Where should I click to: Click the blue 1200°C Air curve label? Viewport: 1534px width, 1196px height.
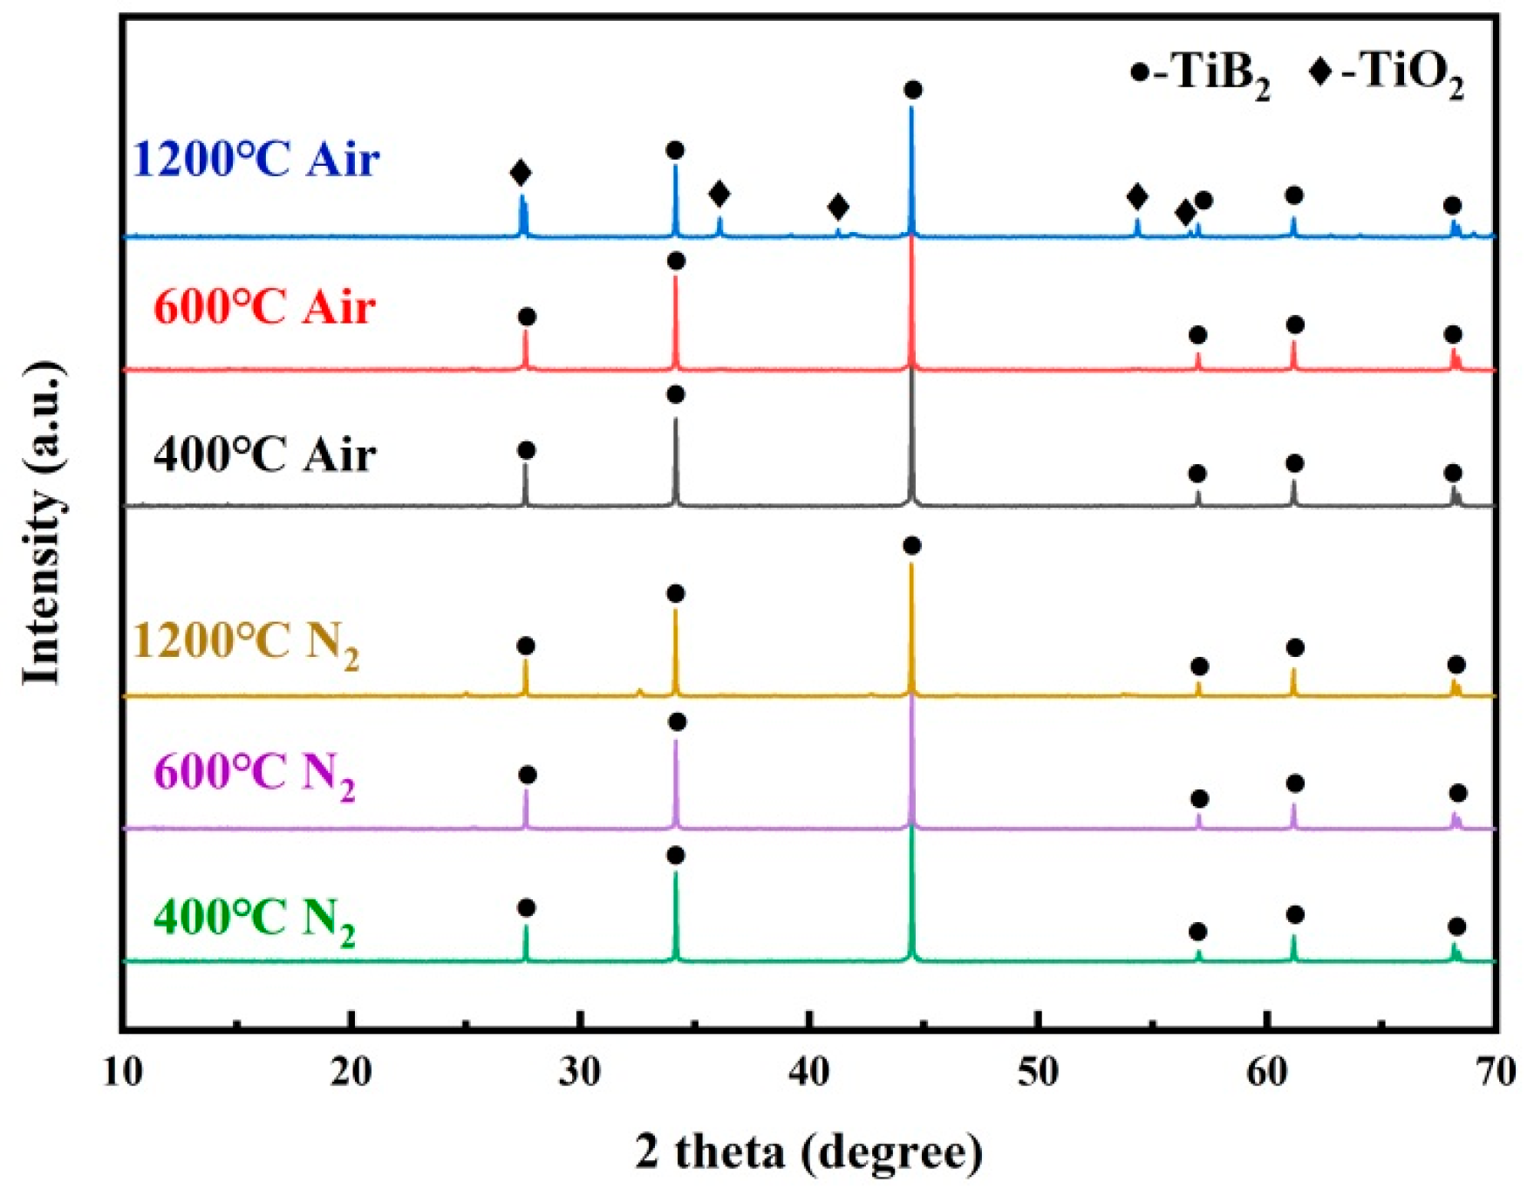[x=256, y=160]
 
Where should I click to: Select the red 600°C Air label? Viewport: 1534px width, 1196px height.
[x=264, y=308]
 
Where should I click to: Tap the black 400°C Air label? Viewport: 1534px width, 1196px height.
[x=264, y=455]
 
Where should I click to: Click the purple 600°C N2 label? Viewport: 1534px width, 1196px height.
[x=255, y=774]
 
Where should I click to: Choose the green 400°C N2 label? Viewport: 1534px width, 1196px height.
[x=255, y=919]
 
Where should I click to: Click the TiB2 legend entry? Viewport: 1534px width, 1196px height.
[x=1200, y=73]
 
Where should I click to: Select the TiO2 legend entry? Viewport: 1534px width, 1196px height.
[x=1387, y=73]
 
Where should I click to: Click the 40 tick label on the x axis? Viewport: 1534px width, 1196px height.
[x=809, y=1071]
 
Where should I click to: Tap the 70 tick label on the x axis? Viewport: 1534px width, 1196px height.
[x=1497, y=1071]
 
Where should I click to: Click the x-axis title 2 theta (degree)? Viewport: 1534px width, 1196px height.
[x=808, y=1152]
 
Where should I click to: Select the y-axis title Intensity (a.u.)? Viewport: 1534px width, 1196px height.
[x=44, y=522]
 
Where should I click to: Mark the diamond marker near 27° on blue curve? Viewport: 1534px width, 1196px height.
[x=521, y=173]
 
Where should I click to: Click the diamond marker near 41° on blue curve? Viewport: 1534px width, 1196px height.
[x=838, y=208]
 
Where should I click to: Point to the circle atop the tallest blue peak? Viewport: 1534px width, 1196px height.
[x=913, y=90]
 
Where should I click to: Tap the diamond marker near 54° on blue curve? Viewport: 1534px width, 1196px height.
[x=1137, y=196]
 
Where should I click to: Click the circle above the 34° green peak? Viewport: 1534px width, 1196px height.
[x=675, y=856]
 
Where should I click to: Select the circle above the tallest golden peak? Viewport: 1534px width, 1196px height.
[x=912, y=546]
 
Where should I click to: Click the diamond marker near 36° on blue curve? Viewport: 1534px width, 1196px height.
[x=719, y=194]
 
